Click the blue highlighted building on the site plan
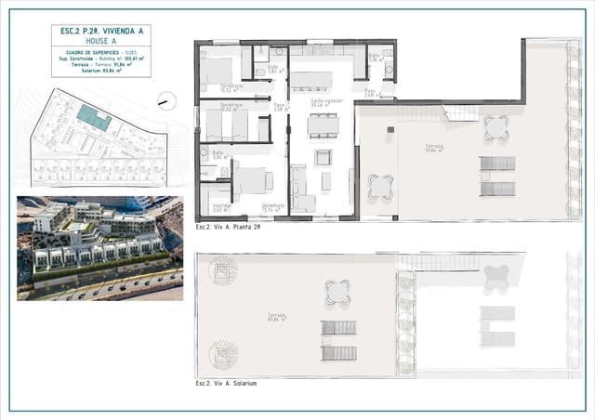pyautogui.click(x=93, y=116)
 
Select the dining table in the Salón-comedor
pyautogui.click(x=324, y=125)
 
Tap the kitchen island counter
pyautogui.click(x=322, y=76)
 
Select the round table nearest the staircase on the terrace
pyautogui.click(x=496, y=126)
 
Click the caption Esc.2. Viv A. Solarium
pyautogui.click(x=227, y=383)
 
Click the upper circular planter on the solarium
pyautogui.click(x=222, y=273)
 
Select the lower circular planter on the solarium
pyautogui.click(x=222, y=353)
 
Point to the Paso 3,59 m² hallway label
pyautogui.click(x=278, y=108)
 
